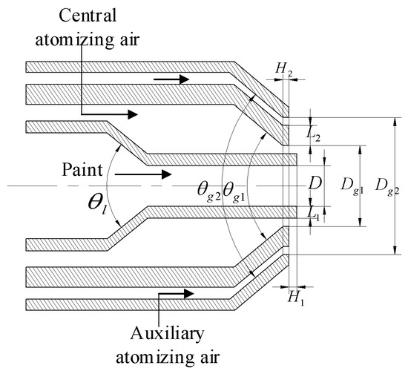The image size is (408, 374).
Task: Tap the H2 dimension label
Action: pyautogui.click(x=283, y=68)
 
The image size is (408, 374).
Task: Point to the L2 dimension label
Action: pyautogui.click(x=314, y=135)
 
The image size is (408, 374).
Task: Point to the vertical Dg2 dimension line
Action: pyautogui.click(x=394, y=186)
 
